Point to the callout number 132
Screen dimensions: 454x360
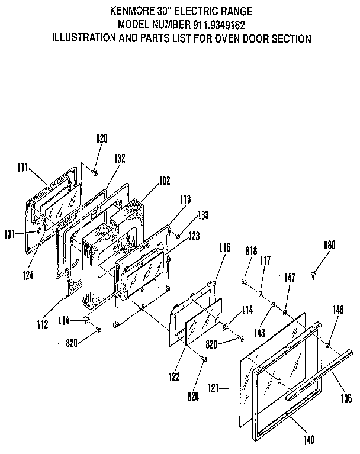click(x=120, y=159)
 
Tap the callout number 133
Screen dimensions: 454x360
click(x=202, y=214)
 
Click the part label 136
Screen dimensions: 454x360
click(x=346, y=397)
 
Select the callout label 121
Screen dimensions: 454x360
click(x=229, y=388)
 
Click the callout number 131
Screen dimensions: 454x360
click(x=9, y=233)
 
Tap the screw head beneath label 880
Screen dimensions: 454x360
click(x=312, y=273)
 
